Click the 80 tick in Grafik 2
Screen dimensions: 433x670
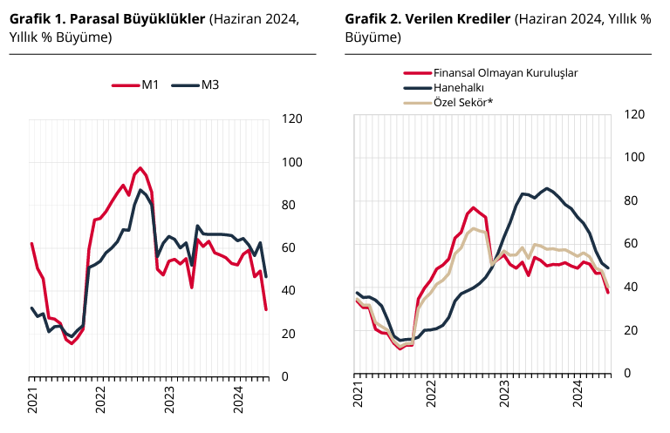[634, 200]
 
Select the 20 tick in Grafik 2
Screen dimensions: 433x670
[634, 330]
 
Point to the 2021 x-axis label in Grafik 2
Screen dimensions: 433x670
[358, 394]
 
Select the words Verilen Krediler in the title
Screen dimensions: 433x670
[468, 18]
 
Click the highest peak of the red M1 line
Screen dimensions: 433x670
[141, 168]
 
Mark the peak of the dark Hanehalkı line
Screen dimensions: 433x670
[547, 188]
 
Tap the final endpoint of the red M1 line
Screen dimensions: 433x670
[266, 309]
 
